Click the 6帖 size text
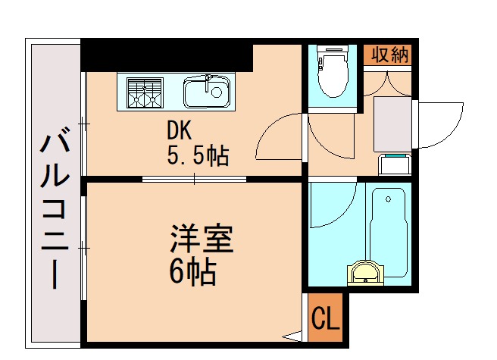tap(192, 271)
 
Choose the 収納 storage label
tap(389, 55)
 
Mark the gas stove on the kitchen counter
tap(145, 92)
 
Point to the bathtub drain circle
tap(389, 199)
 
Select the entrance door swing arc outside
tap(444, 121)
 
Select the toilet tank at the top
tap(331, 54)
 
